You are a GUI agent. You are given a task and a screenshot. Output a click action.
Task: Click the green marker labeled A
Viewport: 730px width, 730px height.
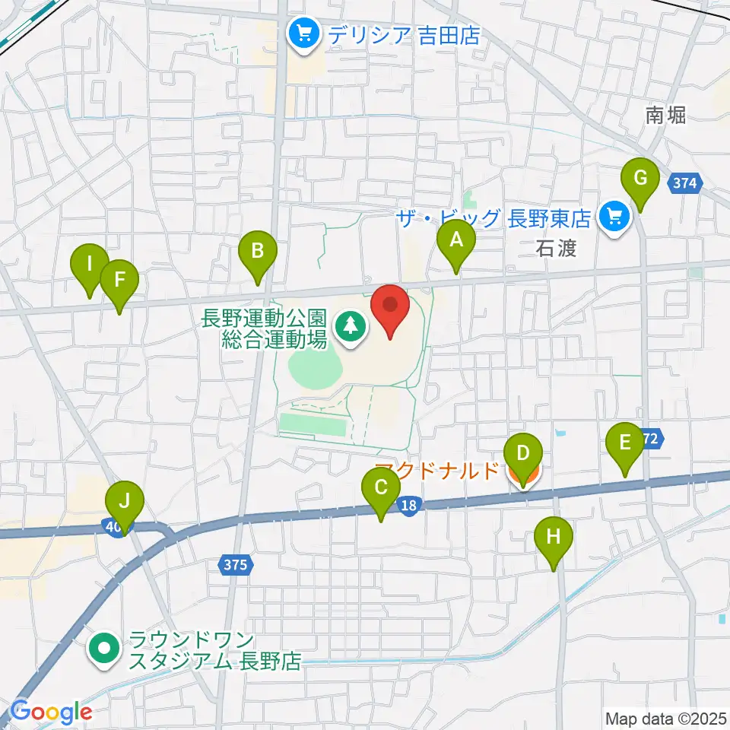pyautogui.click(x=456, y=243)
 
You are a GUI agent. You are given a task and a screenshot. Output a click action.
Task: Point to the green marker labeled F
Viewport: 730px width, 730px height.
pyautogui.click(x=119, y=281)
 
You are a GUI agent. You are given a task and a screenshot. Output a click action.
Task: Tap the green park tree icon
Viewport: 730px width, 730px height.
pyautogui.click(x=351, y=327)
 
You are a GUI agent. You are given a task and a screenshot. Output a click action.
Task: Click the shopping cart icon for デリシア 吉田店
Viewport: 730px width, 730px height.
pyautogui.click(x=304, y=34)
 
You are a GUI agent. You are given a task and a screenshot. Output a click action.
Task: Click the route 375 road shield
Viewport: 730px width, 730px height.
pyautogui.click(x=236, y=564)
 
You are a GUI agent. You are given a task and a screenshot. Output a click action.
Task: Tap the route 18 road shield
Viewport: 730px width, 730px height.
pyautogui.click(x=409, y=504)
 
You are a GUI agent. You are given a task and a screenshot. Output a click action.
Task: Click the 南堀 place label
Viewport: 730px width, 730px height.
pyautogui.click(x=665, y=116)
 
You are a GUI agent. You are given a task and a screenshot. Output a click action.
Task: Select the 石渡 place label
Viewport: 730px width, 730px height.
pyautogui.click(x=556, y=249)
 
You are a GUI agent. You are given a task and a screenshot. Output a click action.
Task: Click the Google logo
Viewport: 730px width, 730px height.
pyautogui.click(x=51, y=712)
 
